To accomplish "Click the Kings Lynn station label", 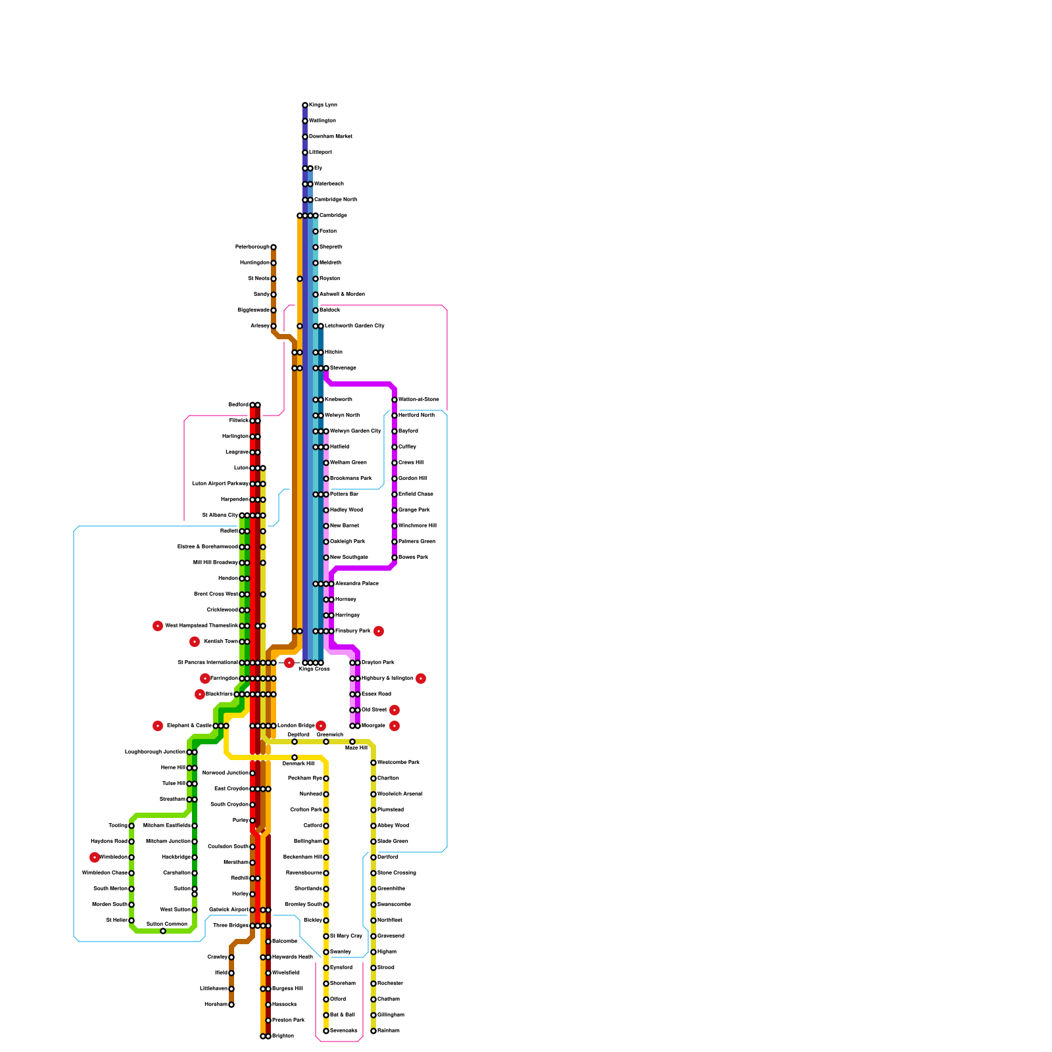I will tap(323, 105).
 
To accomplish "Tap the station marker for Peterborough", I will tap(274, 247).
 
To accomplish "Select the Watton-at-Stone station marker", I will tap(394, 400).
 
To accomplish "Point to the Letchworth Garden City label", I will tap(354, 326).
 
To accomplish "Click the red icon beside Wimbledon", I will tap(95, 857).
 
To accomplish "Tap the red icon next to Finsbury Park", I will tap(379, 631).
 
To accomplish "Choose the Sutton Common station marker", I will tap(163, 931).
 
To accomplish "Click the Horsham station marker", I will tap(231, 1005).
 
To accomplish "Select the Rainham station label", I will tap(389, 1031).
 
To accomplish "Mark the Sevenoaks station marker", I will tap(326, 1031).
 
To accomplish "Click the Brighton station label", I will tap(283, 1036).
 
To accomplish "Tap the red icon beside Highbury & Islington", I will tap(421, 679).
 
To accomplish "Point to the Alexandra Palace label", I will tap(356, 584).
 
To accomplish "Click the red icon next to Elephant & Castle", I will tap(158, 726).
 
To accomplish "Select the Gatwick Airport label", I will tap(229, 910).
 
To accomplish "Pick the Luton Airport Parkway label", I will tap(220, 484).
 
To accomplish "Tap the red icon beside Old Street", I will tap(394, 710).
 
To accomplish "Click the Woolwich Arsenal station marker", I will tap(373, 794).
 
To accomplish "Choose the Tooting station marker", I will tap(131, 826).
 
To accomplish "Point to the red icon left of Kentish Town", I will tap(195, 642).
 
